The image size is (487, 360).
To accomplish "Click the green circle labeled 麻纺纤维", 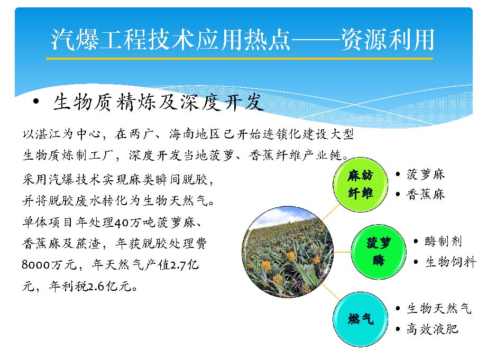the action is click(x=360, y=184).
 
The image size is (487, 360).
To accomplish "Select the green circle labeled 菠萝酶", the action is click(x=379, y=252).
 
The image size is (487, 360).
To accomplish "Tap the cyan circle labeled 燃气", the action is click(x=360, y=319).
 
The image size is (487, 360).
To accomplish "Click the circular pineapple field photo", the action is click(x=288, y=252).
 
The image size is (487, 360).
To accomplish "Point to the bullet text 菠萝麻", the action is click(x=426, y=174).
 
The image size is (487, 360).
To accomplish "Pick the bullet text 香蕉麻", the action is click(x=426, y=195).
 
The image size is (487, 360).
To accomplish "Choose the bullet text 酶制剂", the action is click(x=443, y=241).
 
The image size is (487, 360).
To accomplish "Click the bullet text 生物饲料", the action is click(x=451, y=262).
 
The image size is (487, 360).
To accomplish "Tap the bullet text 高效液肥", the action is click(x=433, y=329).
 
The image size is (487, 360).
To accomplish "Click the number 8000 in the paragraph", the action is click(x=36, y=265).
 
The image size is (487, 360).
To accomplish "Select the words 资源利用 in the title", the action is click(x=387, y=39).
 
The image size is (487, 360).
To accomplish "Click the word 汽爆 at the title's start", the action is click(x=75, y=39).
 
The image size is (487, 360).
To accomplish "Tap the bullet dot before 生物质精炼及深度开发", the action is click(x=36, y=101).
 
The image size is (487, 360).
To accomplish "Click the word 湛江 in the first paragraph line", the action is click(x=48, y=134).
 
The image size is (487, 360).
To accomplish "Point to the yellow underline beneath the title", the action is click(x=240, y=58).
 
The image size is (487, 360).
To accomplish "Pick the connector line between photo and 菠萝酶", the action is click(x=342, y=252).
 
